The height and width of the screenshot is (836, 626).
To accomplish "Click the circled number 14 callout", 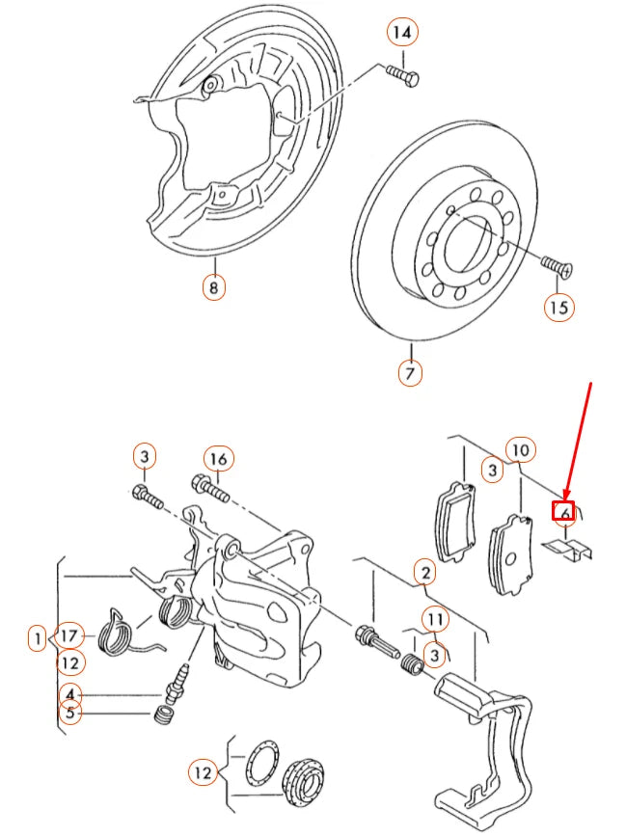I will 403,33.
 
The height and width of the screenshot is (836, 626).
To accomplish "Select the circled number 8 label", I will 213,286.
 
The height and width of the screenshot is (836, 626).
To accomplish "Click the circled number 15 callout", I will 558,308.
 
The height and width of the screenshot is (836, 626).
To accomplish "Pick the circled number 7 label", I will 410,371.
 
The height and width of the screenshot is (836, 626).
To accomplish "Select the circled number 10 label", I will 520,449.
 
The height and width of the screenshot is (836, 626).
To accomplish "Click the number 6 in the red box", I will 564,513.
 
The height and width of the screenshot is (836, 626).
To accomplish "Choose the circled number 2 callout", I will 424,573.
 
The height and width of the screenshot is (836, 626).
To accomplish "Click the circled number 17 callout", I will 69,636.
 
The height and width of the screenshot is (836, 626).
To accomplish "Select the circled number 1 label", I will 37,637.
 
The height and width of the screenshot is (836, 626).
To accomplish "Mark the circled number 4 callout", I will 69,693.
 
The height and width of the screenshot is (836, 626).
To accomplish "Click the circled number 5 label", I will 69,714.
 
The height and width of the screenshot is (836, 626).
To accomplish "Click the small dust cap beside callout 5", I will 163,715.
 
